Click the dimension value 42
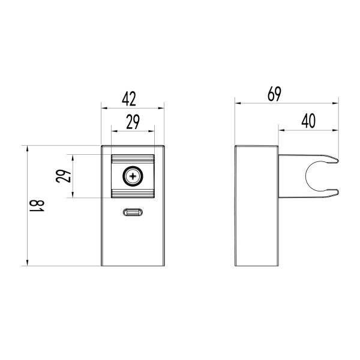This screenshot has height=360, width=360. (x=133, y=98)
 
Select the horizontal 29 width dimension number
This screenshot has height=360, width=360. (x=133, y=122)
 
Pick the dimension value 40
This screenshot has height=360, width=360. (x=308, y=120)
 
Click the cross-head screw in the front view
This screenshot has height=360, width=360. (x=133, y=176)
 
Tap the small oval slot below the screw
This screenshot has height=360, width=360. (x=133, y=212)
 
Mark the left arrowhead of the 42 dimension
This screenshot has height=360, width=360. (x=104, y=109)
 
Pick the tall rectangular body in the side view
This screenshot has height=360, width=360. (x=256, y=206)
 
